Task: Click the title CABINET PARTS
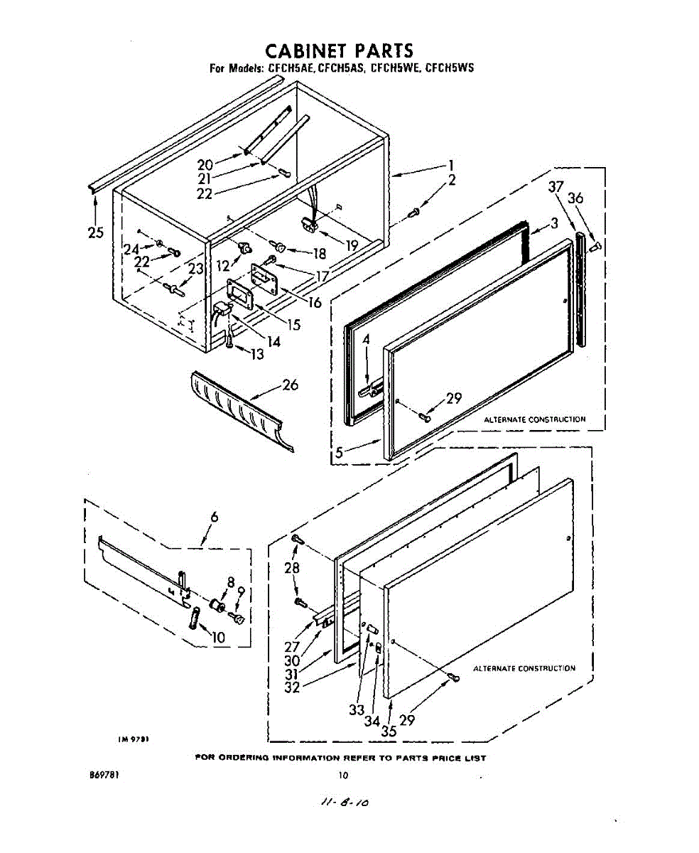(x=338, y=51)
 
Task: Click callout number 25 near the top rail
(x=95, y=232)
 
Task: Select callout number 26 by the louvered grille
(x=290, y=385)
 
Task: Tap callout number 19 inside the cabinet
(x=351, y=245)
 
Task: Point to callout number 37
(x=556, y=188)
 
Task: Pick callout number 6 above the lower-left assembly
(x=214, y=518)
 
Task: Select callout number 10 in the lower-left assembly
(x=217, y=638)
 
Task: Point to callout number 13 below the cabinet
(x=256, y=353)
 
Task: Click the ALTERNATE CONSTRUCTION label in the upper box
(x=535, y=419)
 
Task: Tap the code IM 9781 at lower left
(x=133, y=739)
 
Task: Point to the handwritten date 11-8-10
(x=344, y=803)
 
